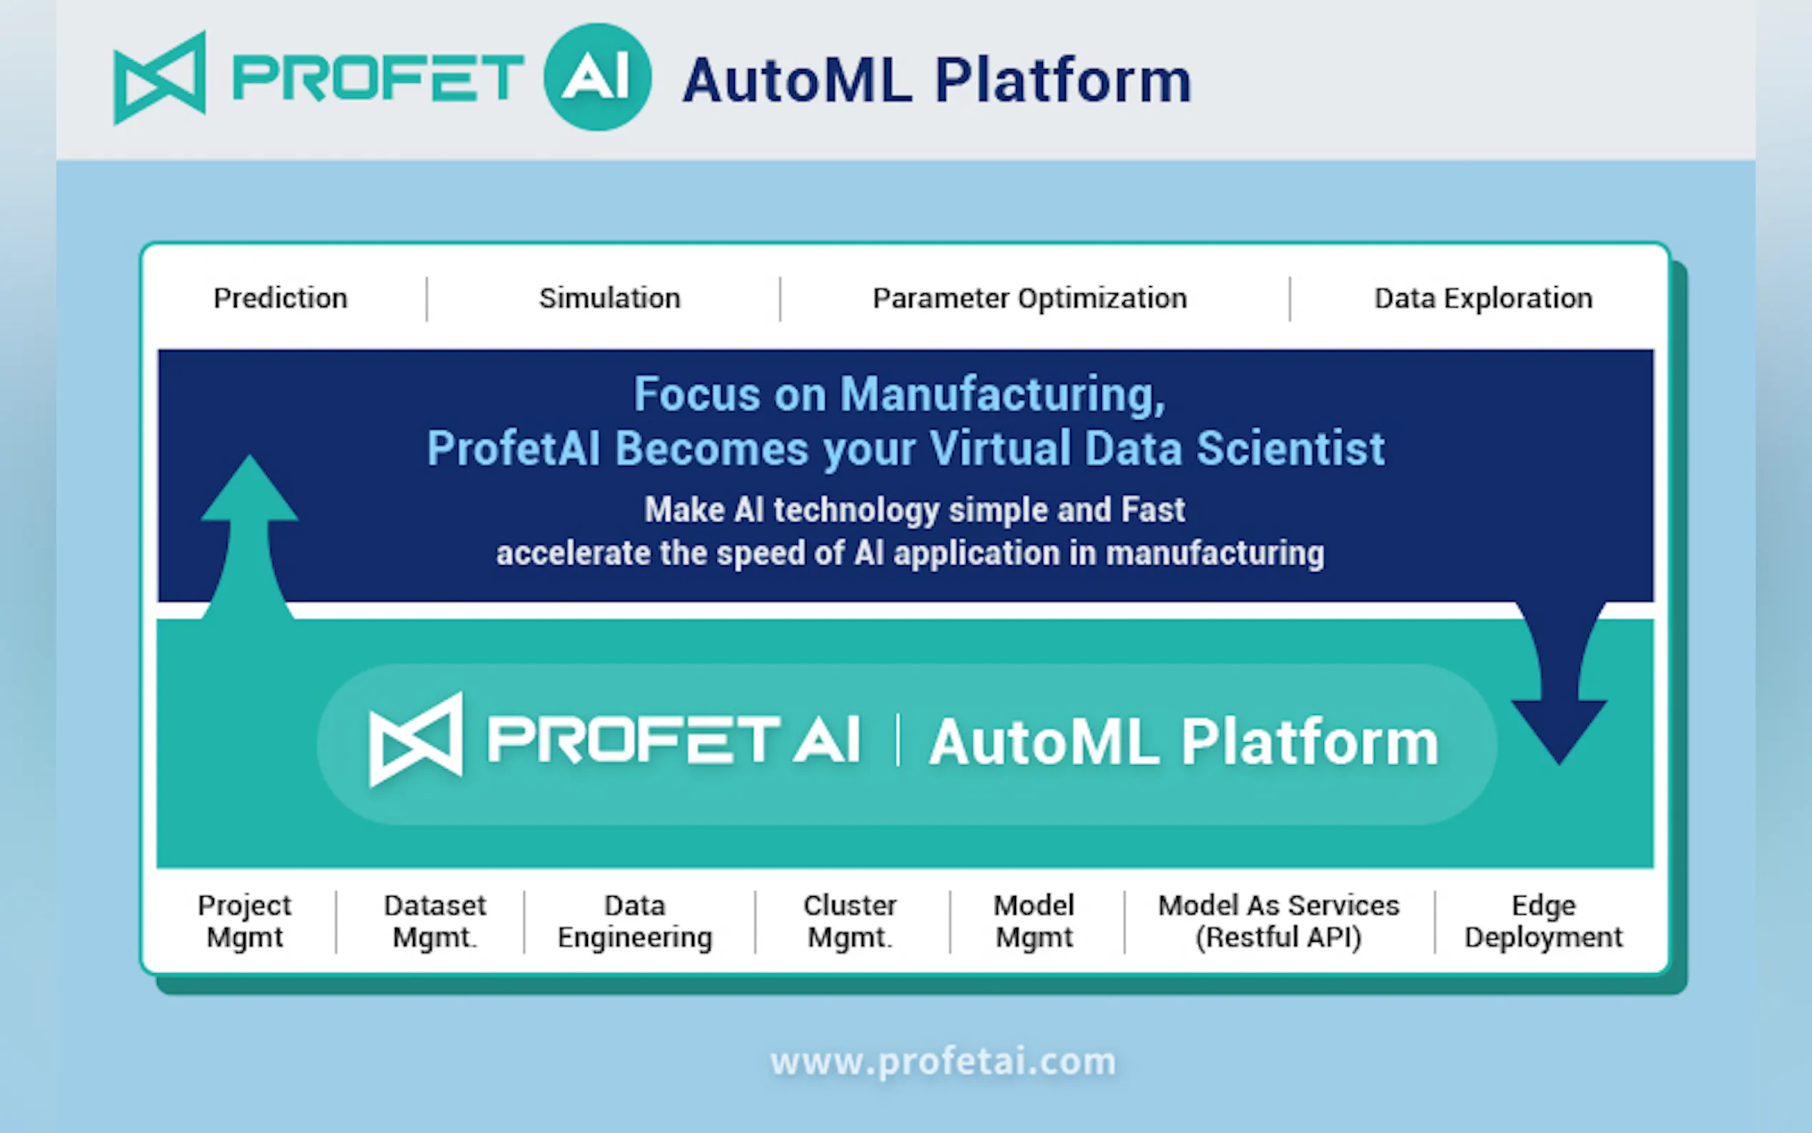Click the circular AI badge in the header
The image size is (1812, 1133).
[x=597, y=77]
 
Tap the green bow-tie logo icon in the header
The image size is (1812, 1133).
[x=160, y=78]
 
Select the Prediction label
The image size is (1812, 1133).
[x=280, y=298]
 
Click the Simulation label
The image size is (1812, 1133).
[x=610, y=298]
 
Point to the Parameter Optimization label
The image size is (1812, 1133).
[x=1030, y=299]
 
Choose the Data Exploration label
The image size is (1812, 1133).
[x=1483, y=299]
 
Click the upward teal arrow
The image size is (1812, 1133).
[x=249, y=537]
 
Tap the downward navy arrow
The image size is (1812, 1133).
[x=1559, y=683]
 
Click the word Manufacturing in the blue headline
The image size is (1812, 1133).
[x=1002, y=395]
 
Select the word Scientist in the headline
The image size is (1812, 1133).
[x=1290, y=449]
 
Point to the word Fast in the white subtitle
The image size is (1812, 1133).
[x=1153, y=509]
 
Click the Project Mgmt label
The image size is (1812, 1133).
[x=245, y=922]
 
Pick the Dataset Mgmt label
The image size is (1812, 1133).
[x=435, y=922]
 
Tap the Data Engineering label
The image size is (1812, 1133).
[x=635, y=922]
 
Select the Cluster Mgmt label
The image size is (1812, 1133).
[x=850, y=922]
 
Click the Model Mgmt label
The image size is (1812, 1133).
[x=1034, y=922]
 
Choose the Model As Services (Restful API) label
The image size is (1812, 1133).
[x=1278, y=922]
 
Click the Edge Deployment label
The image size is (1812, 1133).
[x=1544, y=922]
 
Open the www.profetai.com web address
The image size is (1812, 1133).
[x=943, y=1062]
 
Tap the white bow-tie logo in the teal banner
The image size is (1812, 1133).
[x=416, y=740]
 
